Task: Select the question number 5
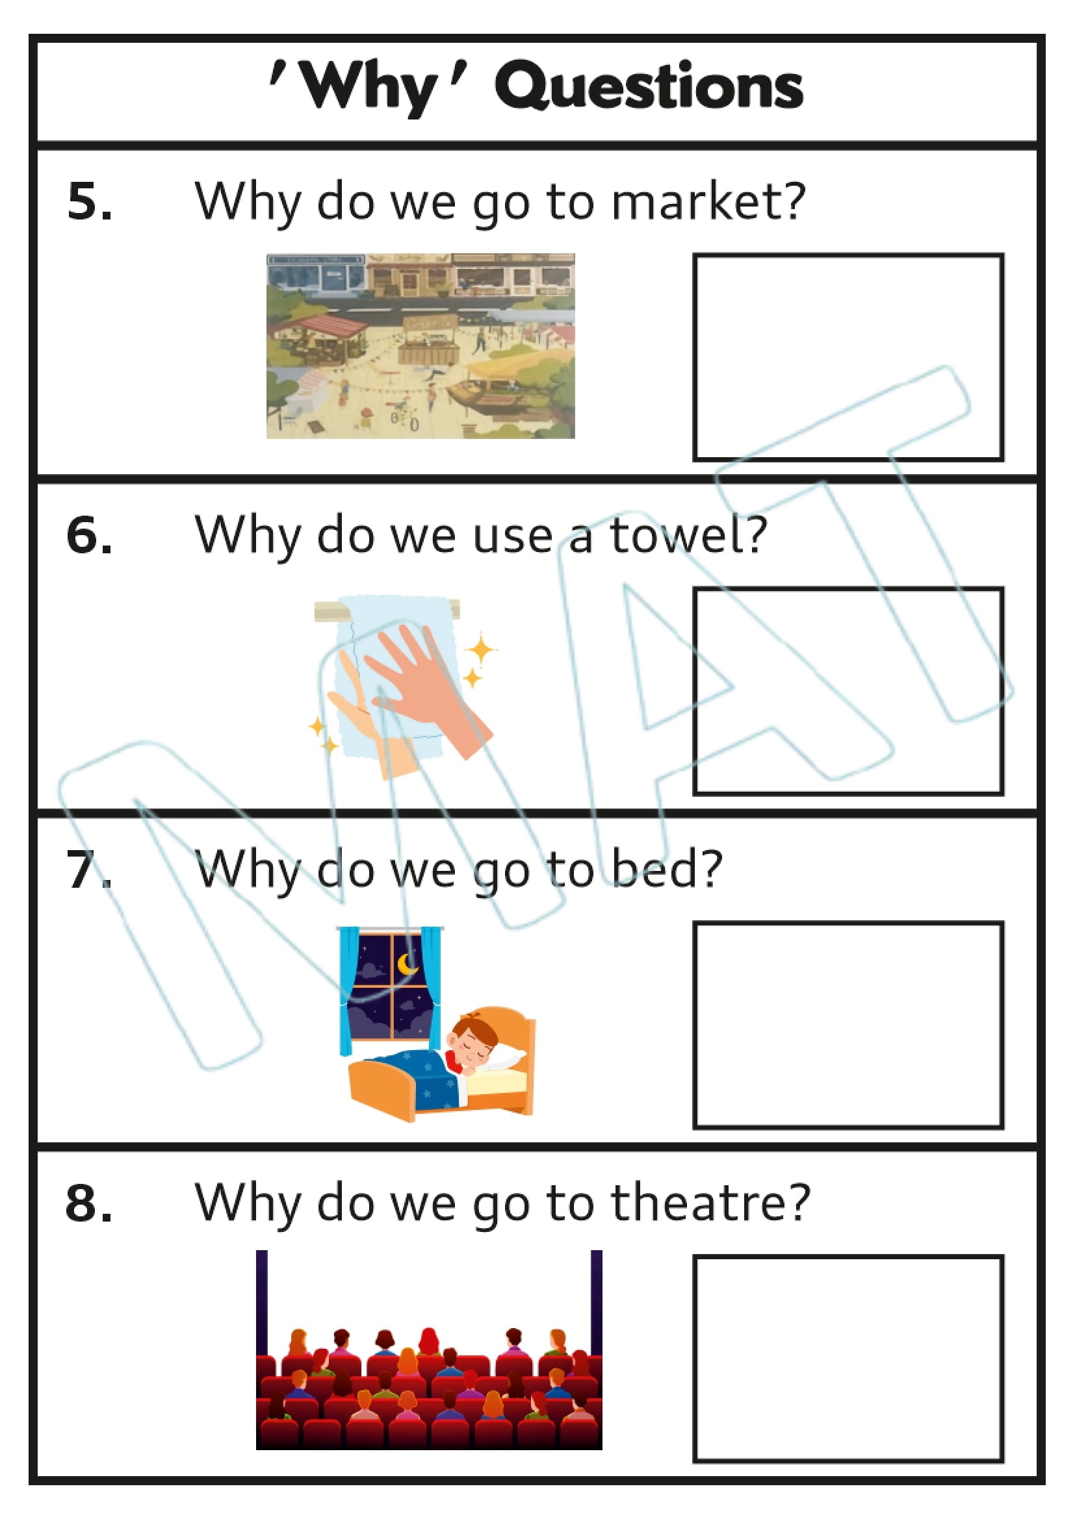[x=89, y=201]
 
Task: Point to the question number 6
[x=89, y=534]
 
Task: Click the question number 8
[x=89, y=1202]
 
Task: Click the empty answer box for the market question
[x=848, y=357]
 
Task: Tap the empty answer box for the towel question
[x=848, y=691]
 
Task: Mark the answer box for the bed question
[x=848, y=1025]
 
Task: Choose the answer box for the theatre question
[x=848, y=1358]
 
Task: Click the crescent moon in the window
[x=407, y=966]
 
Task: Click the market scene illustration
[x=421, y=345]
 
